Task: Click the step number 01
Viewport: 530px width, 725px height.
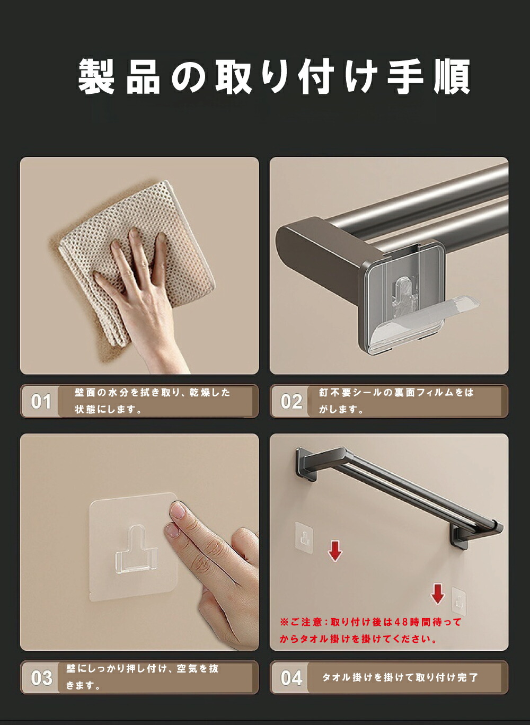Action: point(41,401)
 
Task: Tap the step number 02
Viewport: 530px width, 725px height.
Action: point(291,401)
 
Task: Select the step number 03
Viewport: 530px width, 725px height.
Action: point(41,678)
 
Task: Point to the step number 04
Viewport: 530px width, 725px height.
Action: point(291,678)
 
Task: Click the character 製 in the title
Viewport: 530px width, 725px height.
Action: point(96,76)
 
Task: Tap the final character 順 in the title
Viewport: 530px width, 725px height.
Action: point(452,76)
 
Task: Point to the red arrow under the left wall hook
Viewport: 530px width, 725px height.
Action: point(335,551)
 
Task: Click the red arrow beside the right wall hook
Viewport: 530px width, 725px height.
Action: point(437,594)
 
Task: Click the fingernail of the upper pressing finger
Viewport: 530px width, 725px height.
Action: point(178,510)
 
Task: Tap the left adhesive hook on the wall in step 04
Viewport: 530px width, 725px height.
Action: point(304,537)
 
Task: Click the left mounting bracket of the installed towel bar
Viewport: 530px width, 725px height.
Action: point(306,464)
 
